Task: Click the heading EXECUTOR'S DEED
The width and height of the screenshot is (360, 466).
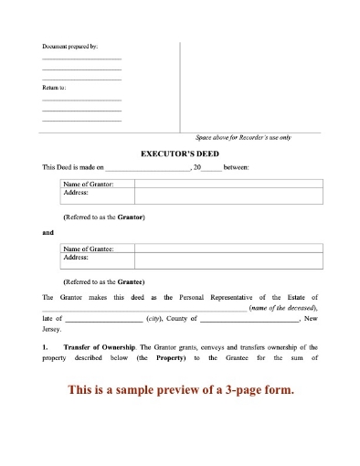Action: point(180,154)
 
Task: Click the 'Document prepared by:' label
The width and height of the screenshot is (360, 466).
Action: point(69,46)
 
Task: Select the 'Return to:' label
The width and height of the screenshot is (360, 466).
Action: point(54,88)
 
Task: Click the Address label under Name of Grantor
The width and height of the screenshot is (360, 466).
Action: point(76,194)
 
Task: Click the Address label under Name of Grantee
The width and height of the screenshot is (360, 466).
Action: point(76,258)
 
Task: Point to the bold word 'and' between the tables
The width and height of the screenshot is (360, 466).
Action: point(48,233)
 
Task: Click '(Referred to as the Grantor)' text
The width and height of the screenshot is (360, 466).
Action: point(104,217)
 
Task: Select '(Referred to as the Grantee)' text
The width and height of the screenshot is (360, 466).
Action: point(104,281)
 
